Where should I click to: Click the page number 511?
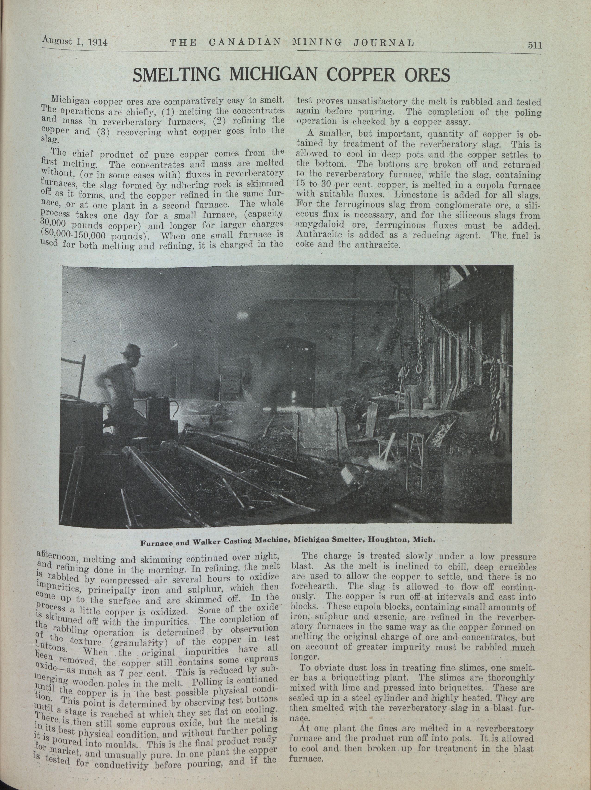pos(534,45)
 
